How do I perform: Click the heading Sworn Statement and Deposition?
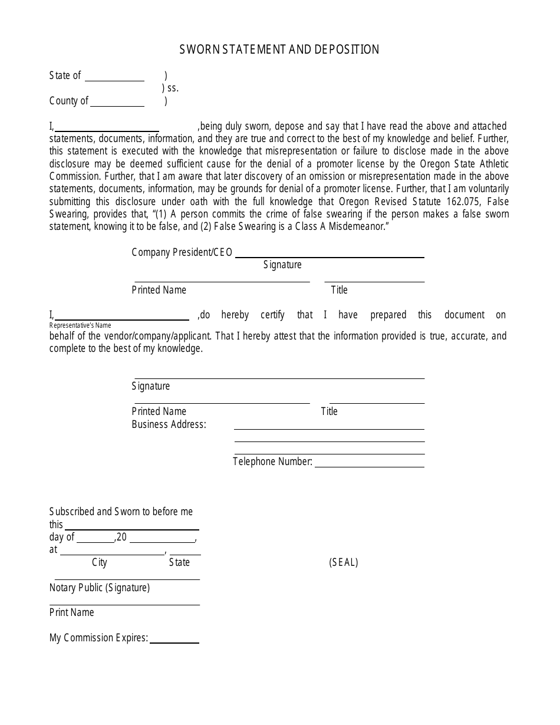[279, 50]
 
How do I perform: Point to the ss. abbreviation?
[170, 88]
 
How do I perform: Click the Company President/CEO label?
[182, 252]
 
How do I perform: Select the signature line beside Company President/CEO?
[330, 255]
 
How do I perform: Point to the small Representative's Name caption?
[80, 325]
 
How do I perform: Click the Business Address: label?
[169, 424]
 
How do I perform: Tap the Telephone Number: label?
[272, 462]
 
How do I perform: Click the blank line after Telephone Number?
[370, 464]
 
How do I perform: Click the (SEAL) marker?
[344, 562]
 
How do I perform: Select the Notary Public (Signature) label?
[100, 588]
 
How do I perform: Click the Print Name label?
[72, 612]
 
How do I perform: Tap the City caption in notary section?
[100, 562]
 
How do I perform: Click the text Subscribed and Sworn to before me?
[121, 512]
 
